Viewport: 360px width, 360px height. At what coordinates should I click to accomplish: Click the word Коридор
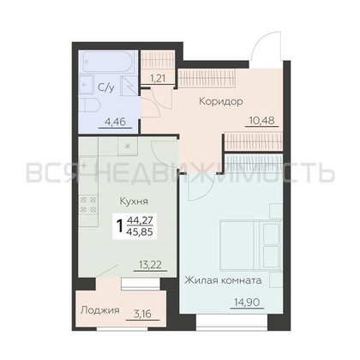pos(221,101)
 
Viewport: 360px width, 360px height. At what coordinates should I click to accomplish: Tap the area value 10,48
pos(261,120)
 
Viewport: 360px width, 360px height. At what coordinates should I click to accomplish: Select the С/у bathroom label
pos(106,87)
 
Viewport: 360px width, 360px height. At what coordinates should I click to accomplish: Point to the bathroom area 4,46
pos(115,122)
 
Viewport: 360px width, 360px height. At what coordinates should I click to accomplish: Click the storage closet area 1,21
pos(158,78)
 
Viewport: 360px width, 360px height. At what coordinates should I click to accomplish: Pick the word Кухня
pos(134,201)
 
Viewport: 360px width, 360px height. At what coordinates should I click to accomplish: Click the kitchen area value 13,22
pos(150,265)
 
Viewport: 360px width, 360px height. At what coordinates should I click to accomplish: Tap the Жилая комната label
pos(223,280)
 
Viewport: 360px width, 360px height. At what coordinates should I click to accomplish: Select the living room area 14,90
pos(247,302)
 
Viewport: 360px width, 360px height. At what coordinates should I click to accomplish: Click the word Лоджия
pos(100,310)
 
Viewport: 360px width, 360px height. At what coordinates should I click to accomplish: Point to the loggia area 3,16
pos(142,314)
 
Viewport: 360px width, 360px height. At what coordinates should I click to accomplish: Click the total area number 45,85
pos(140,231)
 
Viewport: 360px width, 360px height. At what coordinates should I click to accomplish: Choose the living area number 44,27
pos(140,220)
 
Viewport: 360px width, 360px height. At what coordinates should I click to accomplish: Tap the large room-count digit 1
pos(120,226)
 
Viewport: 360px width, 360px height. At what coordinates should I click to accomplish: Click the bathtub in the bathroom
pos(108,62)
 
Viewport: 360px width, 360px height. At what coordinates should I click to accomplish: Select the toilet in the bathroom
pos(89,105)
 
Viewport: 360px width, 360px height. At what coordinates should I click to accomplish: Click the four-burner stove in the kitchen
pos(88,205)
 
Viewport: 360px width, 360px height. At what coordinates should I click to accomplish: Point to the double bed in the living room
pos(250,244)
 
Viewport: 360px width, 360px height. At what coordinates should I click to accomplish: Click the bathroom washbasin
pos(87,85)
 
